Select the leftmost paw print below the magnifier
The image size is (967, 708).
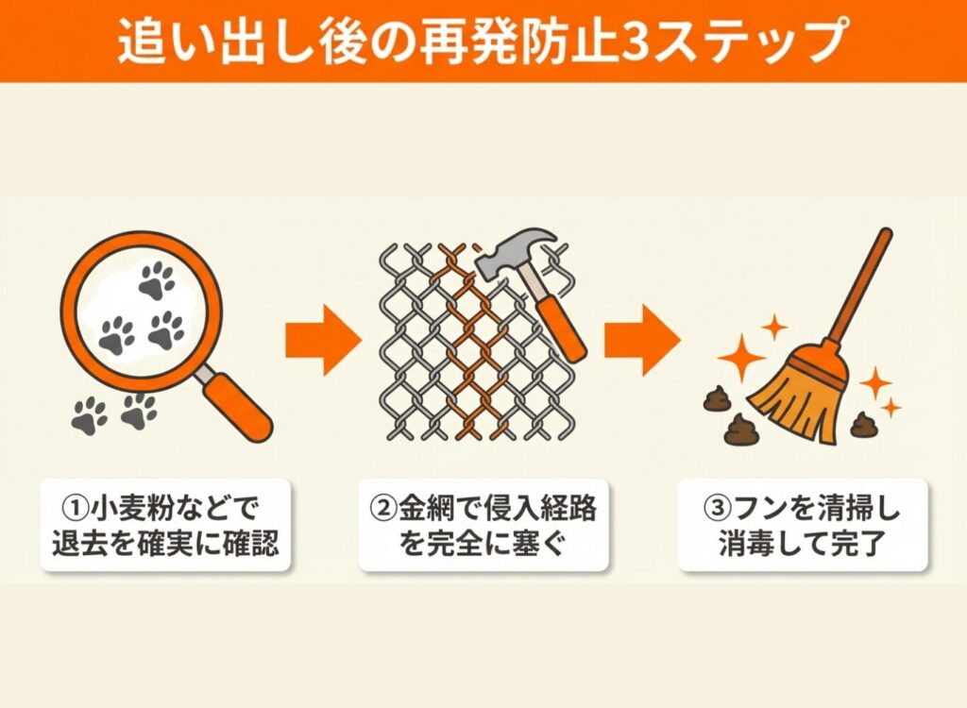[x=90, y=413]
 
